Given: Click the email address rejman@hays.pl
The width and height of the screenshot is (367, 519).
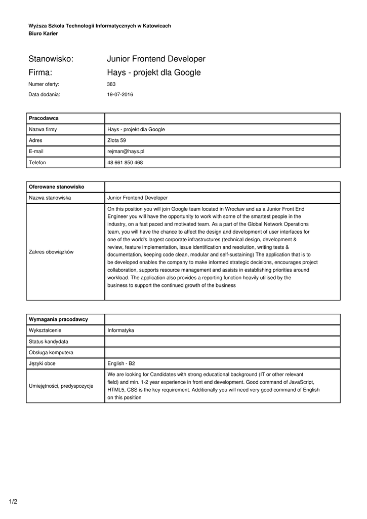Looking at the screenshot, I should point(126,152).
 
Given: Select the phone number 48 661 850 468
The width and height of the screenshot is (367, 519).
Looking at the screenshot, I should point(125,163).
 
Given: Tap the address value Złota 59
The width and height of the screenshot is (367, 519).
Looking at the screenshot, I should point(116,140).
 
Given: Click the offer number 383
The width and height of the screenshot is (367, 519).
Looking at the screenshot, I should point(111,84).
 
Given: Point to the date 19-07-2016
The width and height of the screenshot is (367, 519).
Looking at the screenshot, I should point(120,94).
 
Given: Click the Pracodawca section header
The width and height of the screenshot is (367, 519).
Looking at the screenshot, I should point(44,118).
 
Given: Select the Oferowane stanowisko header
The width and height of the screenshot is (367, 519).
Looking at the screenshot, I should point(56,187).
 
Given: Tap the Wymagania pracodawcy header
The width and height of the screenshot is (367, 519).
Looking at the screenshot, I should point(58,319).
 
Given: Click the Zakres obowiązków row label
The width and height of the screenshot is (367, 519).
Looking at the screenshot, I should point(51,252).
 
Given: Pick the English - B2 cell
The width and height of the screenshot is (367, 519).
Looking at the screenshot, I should point(121,363).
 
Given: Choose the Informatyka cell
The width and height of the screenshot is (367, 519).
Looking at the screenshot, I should point(120,330).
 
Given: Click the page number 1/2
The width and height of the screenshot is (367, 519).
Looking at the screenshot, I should point(13,502).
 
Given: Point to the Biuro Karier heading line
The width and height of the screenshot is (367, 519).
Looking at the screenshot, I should point(43,33).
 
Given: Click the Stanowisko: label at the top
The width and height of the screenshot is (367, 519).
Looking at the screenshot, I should point(51,59).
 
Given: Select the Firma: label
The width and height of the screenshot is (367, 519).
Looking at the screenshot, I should point(41,72).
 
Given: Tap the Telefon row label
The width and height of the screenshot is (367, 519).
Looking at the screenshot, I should point(37,163).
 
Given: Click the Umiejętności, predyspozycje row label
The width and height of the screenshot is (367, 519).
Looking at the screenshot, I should point(61,386).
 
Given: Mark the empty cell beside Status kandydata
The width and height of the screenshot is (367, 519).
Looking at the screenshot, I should point(222,342).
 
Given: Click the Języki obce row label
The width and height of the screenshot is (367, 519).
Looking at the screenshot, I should point(42,363).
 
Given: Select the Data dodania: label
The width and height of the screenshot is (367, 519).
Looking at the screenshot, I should point(45,94).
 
